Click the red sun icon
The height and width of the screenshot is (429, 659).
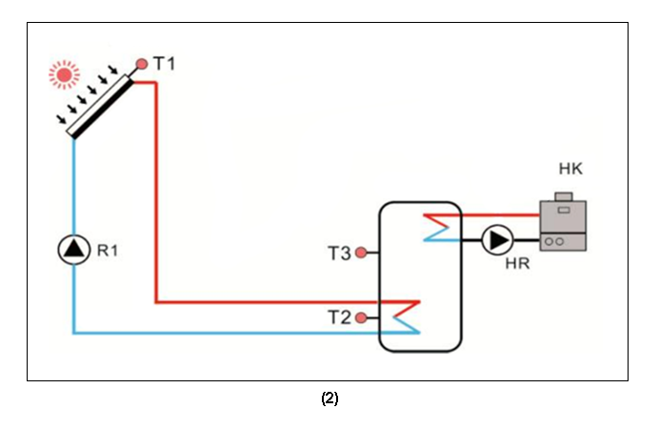point(65,73)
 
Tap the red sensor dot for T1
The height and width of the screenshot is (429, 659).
point(142,64)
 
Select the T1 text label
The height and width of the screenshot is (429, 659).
point(164,64)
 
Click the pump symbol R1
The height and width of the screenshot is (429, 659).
point(73,251)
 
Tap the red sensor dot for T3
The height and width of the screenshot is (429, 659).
point(361,254)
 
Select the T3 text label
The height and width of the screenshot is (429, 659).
point(339,254)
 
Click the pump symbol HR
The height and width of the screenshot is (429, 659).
point(495,240)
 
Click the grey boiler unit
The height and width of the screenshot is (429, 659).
point(563,226)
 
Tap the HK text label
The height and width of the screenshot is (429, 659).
point(570,170)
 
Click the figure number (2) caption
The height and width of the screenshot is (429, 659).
point(329,399)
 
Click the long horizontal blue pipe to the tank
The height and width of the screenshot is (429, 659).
point(229,333)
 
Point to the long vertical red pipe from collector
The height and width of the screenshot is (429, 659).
point(154,191)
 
